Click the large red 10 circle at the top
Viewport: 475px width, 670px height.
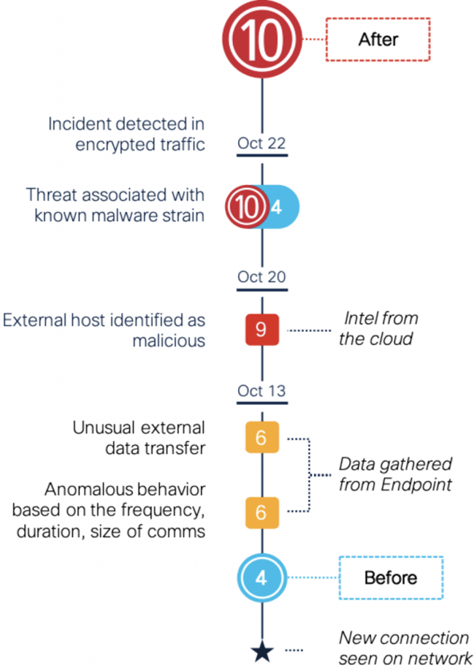click(262, 39)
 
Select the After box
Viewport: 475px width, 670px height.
click(378, 39)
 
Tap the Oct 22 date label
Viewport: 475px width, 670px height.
click(262, 143)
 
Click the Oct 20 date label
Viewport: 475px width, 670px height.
click(262, 277)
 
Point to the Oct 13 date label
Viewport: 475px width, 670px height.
click(262, 391)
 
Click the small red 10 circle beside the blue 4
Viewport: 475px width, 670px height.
click(247, 207)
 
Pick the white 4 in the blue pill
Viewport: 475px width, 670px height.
click(277, 207)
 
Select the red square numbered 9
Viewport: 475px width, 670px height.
click(262, 330)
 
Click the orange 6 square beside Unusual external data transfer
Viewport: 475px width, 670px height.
click(262, 437)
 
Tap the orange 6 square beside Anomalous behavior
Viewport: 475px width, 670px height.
click(262, 512)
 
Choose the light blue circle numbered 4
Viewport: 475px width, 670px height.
click(262, 578)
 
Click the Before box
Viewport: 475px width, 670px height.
click(391, 578)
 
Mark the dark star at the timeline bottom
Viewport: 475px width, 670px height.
click(262, 651)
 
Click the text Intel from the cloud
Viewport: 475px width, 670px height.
click(378, 328)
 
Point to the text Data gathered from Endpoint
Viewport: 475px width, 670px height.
click(395, 474)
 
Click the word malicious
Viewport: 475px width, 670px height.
click(169, 340)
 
